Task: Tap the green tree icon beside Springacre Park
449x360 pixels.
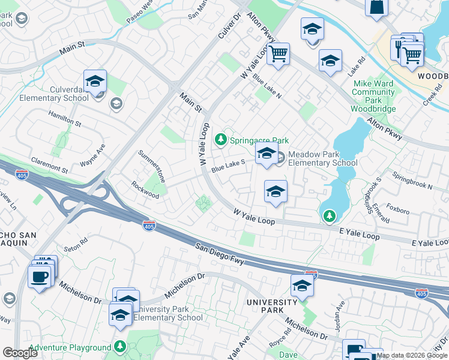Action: click(221, 140)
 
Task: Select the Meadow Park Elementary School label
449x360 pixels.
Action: click(322, 158)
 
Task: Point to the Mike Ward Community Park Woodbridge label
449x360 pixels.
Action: click(373, 96)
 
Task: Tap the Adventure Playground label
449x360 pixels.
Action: click(70, 347)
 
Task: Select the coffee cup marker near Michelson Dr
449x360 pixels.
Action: click(39, 278)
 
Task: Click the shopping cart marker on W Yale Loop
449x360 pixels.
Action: click(278, 55)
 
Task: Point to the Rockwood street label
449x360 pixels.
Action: click(145, 190)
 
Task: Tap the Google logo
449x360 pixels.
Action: click(20, 353)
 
